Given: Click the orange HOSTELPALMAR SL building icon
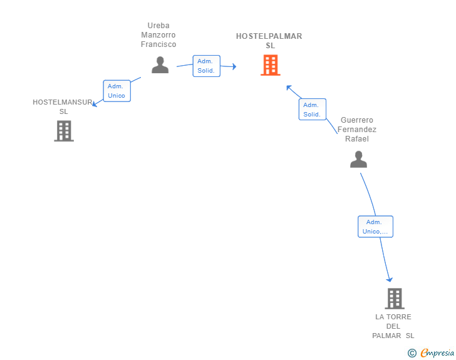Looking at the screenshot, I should click(x=270, y=65).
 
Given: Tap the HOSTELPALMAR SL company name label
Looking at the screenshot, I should click(x=269, y=41).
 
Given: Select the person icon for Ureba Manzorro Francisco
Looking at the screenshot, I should click(x=160, y=64).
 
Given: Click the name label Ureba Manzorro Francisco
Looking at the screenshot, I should click(x=158, y=36).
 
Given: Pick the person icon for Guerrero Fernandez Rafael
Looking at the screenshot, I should click(x=358, y=160).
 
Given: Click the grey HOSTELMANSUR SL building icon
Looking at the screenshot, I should click(x=64, y=131).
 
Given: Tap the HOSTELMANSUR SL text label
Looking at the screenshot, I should click(x=63, y=106).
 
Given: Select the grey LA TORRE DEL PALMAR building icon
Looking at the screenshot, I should click(x=394, y=299).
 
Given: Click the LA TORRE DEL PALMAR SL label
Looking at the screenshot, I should click(x=394, y=326).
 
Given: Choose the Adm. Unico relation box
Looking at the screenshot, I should click(x=117, y=91).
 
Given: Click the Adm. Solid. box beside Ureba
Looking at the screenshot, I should click(x=206, y=66).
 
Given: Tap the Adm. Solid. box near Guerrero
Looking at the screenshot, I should click(x=312, y=110).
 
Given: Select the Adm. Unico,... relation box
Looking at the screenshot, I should click(x=375, y=227).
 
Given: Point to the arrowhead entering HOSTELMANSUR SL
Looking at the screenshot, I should click(x=94, y=105).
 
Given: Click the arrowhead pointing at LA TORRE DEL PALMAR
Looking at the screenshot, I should click(x=390, y=279).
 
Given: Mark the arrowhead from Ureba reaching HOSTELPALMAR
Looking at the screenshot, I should click(x=234, y=66).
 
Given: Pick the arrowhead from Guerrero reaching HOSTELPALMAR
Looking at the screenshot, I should click(x=289, y=87).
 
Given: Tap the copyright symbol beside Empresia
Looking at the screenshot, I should click(x=412, y=353).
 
